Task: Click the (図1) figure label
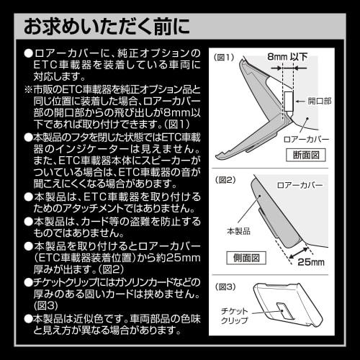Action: (223, 57)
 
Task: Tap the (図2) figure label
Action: (223, 180)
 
